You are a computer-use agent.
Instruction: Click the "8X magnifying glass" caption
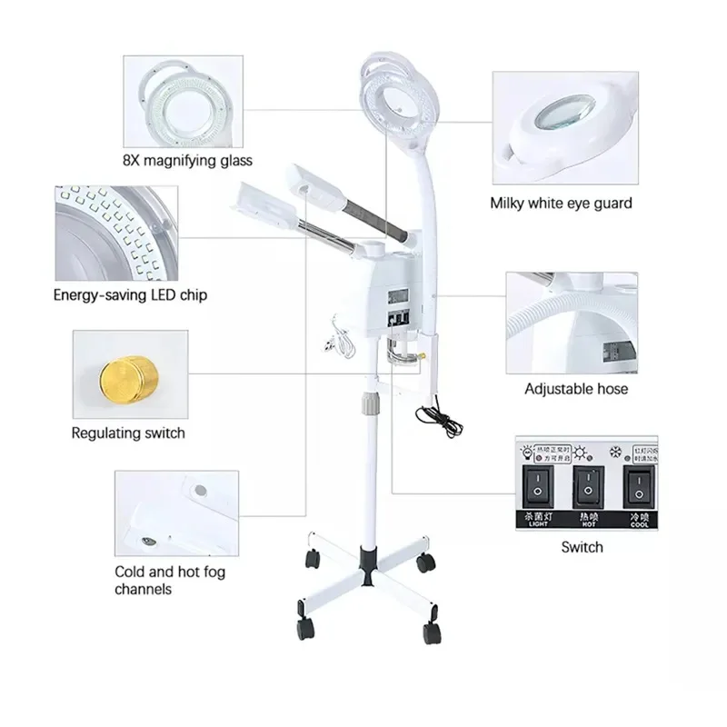[186, 161]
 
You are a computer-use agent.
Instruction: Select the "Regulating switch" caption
[127, 433]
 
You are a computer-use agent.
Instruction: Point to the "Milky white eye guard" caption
[561, 203]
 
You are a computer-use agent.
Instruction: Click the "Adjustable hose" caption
[576, 389]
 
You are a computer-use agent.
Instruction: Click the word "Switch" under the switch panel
[582, 546]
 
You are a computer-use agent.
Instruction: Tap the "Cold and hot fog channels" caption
[170, 580]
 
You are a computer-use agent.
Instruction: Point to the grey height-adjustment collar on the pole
[371, 400]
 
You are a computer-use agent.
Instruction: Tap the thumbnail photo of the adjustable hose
[572, 322]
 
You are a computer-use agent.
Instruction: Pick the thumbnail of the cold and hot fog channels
[176, 514]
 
